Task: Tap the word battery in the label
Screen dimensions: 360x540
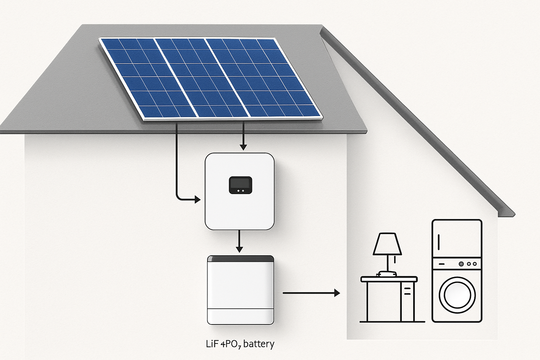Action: (x=258, y=343)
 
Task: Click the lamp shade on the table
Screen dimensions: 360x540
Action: (x=387, y=244)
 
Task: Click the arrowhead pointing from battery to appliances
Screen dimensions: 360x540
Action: (x=337, y=292)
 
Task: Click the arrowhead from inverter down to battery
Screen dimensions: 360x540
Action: (x=239, y=249)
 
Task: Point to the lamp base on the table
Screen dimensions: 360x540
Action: (x=386, y=273)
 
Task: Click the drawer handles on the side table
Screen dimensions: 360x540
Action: (x=407, y=290)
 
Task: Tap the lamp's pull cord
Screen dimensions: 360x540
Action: (x=394, y=261)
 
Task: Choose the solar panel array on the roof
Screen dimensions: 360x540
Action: (x=210, y=78)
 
